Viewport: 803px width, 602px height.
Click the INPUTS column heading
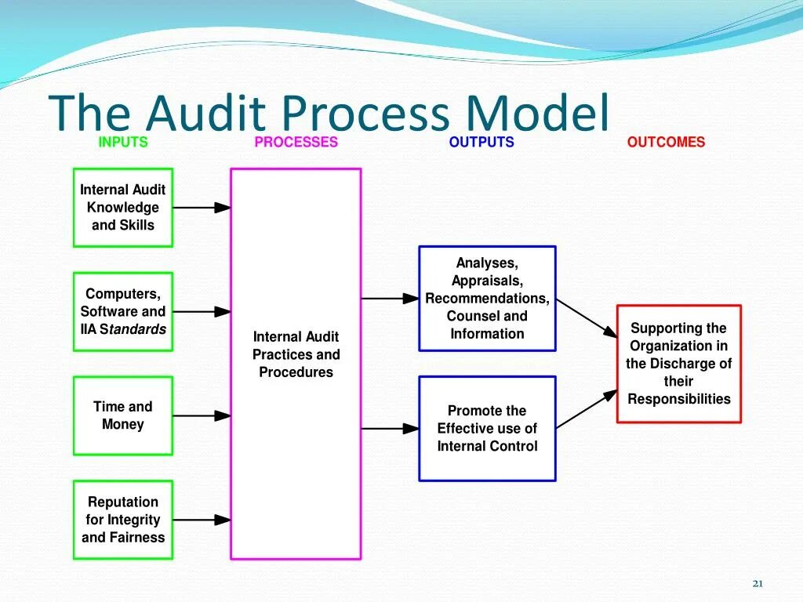pyautogui.click(x=123, y=142)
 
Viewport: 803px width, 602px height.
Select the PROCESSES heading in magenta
pyautogui.click(x=296, y=142)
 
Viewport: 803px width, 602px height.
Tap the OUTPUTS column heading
pyautogui.click(x=481, y=142)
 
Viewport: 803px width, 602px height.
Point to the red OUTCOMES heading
pyautogui.click(x=666, y=142)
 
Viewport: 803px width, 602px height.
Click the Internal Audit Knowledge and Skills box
pyautogui.click(x=123, y=208)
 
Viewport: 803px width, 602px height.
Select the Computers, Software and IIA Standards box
pyautogui.click(x=123, y=311)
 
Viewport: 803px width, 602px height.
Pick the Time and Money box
pyautogui.click(x=123, y=415)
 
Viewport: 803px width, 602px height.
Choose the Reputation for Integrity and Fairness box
pyautogui.click(x=123, y=520)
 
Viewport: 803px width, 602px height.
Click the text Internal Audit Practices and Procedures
pyautogui.click(x=296, y=354)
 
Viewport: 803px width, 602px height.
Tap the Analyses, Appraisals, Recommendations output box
pyautogui.click(x=487, y=299)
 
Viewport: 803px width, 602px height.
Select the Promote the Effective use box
pyautogui.click(x=487, y=428)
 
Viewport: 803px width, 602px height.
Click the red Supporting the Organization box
pyautogui.click(x=678, y=364)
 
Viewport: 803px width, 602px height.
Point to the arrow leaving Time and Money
pyautogui.click(x=202, y=415)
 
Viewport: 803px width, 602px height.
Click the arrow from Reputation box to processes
pyautogui.click(x=202, y=520)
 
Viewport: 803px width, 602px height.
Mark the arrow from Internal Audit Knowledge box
pyautogui.click(x=202, y=208)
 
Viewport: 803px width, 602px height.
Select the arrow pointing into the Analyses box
pyautogui.click(x=390, y=299)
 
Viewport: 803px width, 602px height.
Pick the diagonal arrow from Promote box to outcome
pyautogui.click(x=587, y=409)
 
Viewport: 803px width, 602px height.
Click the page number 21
pyautogui.click(x=758, y=583)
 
